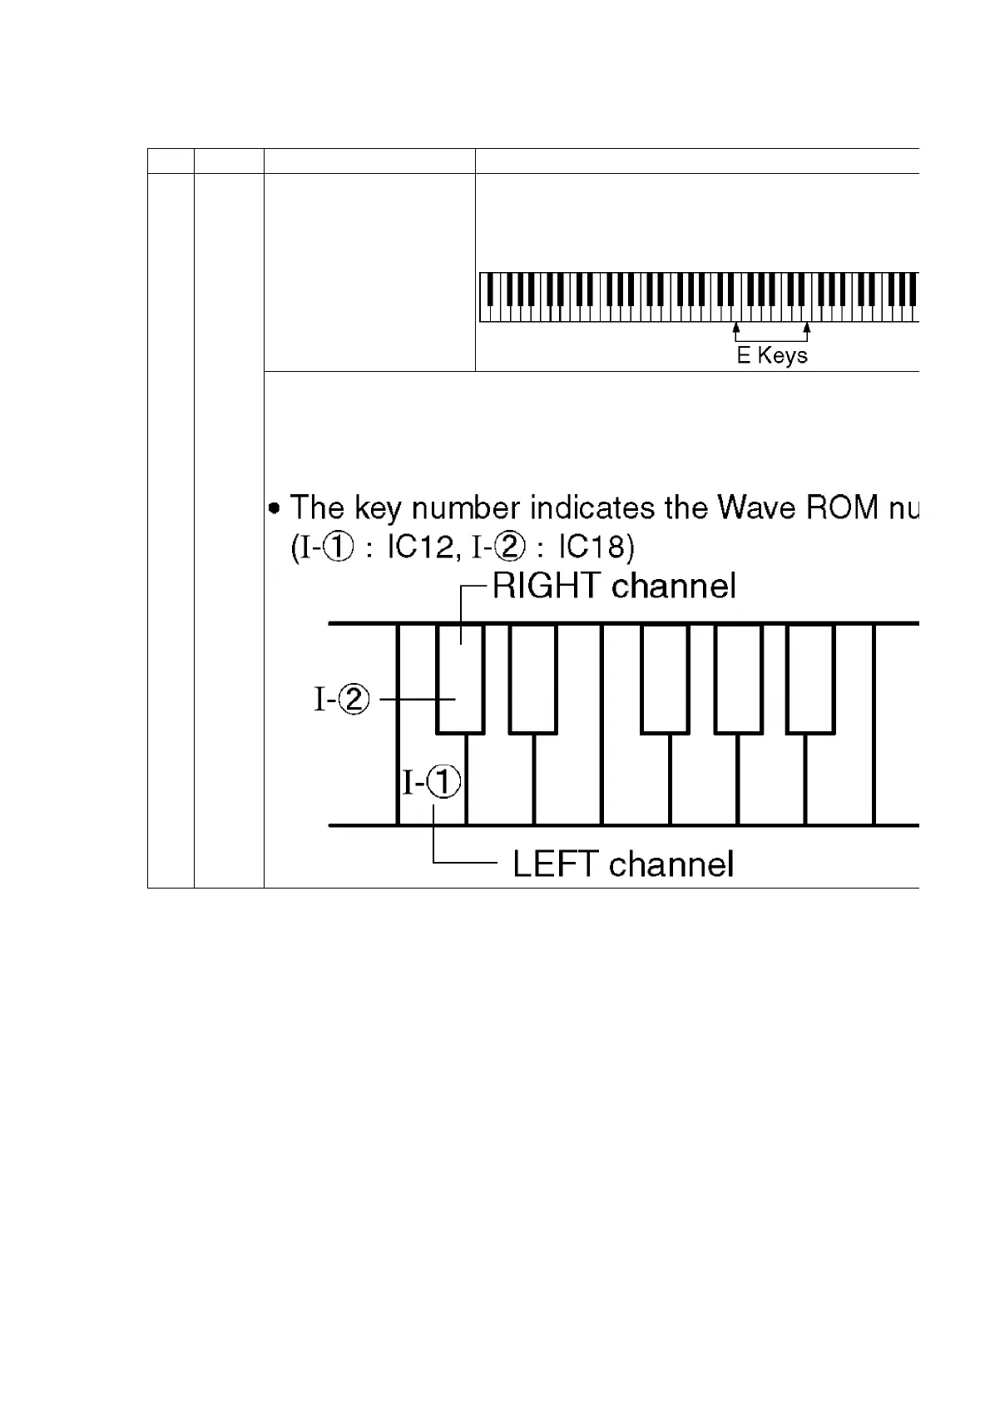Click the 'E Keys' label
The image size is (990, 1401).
click(x=772, y=356)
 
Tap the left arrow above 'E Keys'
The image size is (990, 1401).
click(x=736, y=331)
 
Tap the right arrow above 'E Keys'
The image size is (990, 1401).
click(x=806, y=331)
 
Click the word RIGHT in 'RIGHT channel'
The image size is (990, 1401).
click(x=546, y=587)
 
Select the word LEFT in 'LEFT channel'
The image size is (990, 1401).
click(x=556, y=864)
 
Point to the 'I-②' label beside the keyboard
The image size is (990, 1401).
click(x=342, y=700)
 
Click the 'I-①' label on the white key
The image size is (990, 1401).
click(x=432, y=782)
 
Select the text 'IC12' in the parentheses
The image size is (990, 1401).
click(x=419, y=547)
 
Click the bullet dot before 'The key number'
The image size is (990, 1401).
click(x=275, y=507)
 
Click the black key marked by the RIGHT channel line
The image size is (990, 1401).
click(x=460, y=678)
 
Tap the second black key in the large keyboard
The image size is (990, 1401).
click(x=532, y=678)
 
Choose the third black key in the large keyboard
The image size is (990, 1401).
click(x=665, y=678)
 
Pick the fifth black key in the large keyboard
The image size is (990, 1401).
click(x=810, y=678)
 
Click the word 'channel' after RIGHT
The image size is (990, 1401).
click(x=673, y=587)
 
